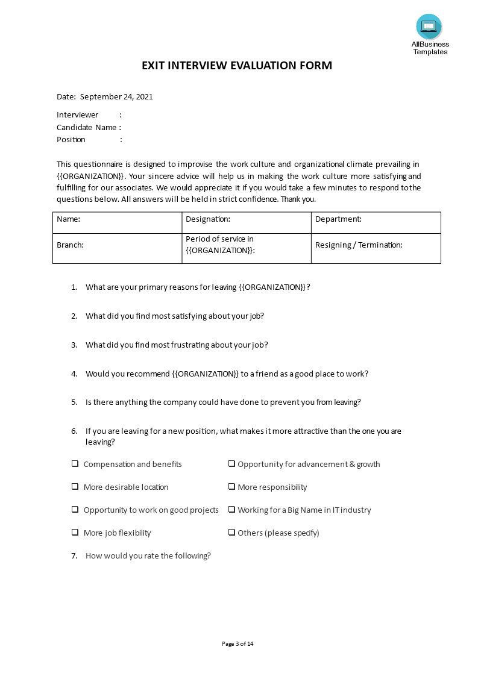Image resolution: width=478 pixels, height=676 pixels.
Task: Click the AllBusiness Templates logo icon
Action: [429, 27]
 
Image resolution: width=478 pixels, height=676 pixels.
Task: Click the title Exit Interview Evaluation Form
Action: [237, 66]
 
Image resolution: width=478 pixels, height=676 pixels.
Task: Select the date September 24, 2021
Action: [116, 96]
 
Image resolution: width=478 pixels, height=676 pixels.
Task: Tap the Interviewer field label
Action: [77, 115]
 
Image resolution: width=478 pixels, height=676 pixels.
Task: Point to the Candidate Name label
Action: [86, 127]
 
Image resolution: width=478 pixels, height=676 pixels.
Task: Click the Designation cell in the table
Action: [246, 222]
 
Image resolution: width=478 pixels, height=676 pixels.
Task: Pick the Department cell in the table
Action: [376, 222]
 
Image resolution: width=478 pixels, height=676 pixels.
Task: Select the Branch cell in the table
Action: [117, 248]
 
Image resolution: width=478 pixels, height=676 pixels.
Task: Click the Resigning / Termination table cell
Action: [376, 248]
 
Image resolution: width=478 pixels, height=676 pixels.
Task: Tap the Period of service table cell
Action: [246, 248]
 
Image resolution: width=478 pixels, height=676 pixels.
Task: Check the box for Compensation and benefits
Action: [75, 464]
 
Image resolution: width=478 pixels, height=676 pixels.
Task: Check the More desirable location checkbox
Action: [75, 487]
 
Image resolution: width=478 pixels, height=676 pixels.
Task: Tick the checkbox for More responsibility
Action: [231, 487]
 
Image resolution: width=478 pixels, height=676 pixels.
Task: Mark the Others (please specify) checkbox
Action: [231, 533]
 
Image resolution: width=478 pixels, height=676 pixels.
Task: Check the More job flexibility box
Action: [75, 533]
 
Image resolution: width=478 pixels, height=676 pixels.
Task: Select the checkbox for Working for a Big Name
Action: [231, 510]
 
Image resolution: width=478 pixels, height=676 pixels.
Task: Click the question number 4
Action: [74, 374]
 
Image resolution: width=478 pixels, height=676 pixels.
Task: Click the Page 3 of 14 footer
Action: [237, 644]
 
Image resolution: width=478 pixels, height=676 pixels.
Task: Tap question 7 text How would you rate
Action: [148, 556]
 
